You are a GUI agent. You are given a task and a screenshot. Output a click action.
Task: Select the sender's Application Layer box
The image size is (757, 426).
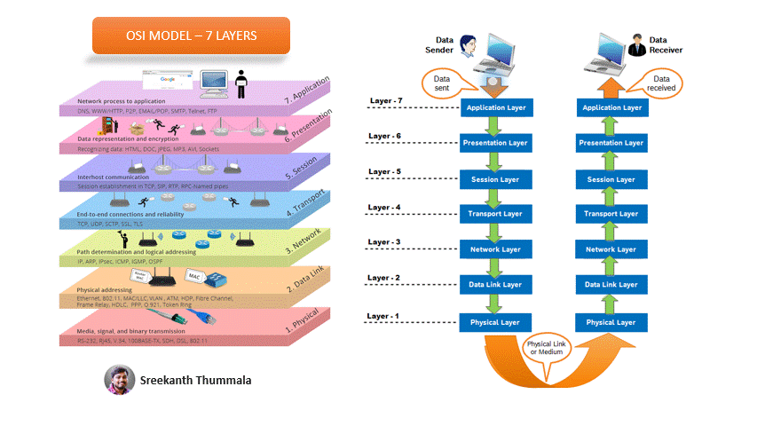coord(493,107)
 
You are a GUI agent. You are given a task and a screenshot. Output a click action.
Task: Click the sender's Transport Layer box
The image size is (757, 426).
coord(493,214)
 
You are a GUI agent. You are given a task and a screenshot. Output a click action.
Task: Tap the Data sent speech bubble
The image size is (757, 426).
coord(441,84)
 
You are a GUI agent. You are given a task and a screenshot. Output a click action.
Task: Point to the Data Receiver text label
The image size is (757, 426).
coord(667,45)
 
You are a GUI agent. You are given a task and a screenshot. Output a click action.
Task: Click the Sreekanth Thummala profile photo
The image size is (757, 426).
coord(119,380)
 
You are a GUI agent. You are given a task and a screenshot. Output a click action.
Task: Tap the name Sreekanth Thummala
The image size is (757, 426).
coord(195,381)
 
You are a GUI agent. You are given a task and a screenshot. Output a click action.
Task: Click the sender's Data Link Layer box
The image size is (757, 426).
coord(493,286)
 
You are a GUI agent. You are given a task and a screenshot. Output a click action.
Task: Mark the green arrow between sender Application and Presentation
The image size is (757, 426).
coord(493,126)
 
